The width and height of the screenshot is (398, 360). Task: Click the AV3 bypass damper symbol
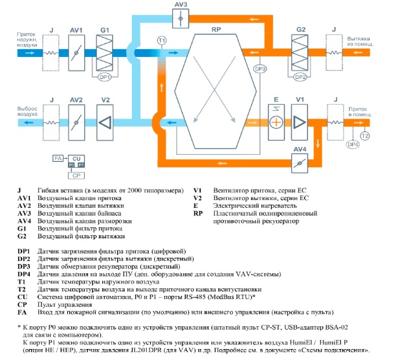click(181, 18)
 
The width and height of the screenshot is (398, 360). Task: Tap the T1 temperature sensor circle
click(162, 40)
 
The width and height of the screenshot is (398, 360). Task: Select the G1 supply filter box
click(105, 53)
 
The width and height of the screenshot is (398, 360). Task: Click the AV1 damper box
click(76, 53)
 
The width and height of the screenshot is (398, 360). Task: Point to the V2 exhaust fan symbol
click(105, 122)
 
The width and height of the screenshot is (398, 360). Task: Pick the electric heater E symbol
click(276, 122)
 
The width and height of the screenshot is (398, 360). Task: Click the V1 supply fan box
click(300, 122)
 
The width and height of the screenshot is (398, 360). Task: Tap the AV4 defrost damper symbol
click(300, 163)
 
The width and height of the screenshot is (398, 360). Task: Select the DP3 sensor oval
click(260, 69)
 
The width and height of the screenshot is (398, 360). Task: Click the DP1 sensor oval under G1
click(105, 77)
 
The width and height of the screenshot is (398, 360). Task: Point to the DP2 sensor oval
click(300, 77)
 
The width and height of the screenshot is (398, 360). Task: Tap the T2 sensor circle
click(365, 136)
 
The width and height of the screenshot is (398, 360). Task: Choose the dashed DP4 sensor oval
click(353, 144)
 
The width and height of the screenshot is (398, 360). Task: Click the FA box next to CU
click(58, 159)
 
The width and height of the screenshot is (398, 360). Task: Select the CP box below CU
click(76, 175)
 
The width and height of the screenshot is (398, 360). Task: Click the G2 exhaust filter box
click(300, 52)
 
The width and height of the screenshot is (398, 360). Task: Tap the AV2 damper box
click(76, 122)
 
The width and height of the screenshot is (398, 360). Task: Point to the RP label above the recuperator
click(216, 29)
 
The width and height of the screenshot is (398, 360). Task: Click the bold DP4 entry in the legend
click(24, 274)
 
